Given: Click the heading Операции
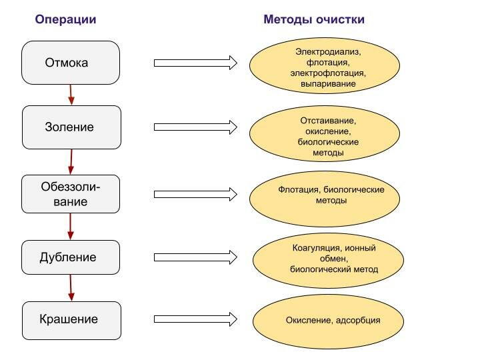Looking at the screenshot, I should (x=65, y=19).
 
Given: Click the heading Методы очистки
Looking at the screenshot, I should (x=313, y=19).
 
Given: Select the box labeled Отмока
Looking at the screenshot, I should (x=71, y=63).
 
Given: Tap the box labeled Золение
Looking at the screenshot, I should (x=71, y=127).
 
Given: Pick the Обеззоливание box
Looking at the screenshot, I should (x=71, y=194).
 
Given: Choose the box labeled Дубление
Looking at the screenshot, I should (x=71, y=257).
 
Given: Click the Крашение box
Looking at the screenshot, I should (x=71, y=319).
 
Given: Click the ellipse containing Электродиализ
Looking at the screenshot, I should (x=324, y=67).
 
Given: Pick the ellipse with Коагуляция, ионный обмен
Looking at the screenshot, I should (x=326, y=259).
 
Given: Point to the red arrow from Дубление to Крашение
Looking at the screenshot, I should (x=71, y=288).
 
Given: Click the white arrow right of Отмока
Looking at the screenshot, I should (x=195, y=63).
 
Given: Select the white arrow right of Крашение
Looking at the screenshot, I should (x=195, y=319).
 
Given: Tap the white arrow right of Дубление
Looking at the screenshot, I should (x=195, y=257).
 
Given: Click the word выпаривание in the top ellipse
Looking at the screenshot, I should (x=328, y=84).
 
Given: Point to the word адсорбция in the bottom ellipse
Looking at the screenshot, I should (x=359, y=321).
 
